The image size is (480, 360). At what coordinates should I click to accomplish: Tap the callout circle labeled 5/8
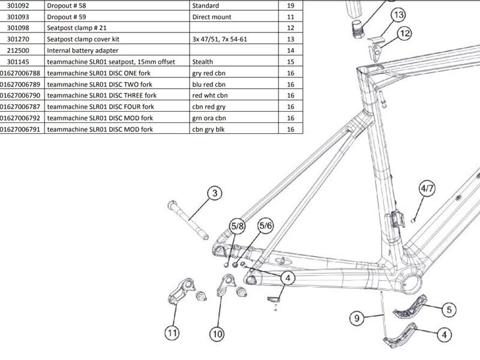coord(238,226)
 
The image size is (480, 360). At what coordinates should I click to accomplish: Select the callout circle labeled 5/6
coord(265,226)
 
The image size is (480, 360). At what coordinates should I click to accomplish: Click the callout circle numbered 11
coord(173,331)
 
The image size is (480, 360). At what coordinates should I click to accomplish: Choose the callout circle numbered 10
coord(217,334)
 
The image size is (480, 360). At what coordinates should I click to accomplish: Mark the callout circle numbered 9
coord(356,319)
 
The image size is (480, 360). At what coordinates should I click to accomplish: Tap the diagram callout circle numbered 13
coord(398,15)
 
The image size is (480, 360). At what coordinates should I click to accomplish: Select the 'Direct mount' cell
coord(211,17)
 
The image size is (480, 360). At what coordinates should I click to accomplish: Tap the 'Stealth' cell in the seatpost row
coord(203,62)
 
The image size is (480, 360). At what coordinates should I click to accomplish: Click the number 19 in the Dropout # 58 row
coord(290,5)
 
